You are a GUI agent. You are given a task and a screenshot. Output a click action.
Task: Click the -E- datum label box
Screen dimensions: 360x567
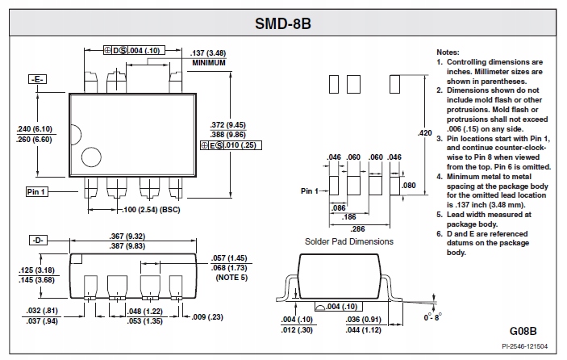pos(38,79)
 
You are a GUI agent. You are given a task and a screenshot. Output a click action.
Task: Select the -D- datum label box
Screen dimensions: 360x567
pos(38,241)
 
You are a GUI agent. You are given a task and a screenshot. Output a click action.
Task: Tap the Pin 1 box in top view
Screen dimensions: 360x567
pos(36,191)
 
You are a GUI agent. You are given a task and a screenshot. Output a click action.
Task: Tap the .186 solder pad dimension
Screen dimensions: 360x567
pos(348,218)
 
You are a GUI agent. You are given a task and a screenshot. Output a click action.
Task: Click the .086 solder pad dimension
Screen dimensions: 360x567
pos(339,207)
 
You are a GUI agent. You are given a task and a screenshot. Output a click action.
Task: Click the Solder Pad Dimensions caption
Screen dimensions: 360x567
pos(349,241)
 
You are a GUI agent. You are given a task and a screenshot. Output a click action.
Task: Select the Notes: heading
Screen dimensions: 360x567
pos(448,52)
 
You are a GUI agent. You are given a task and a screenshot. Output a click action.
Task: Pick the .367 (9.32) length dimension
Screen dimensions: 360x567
pos(128,236)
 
